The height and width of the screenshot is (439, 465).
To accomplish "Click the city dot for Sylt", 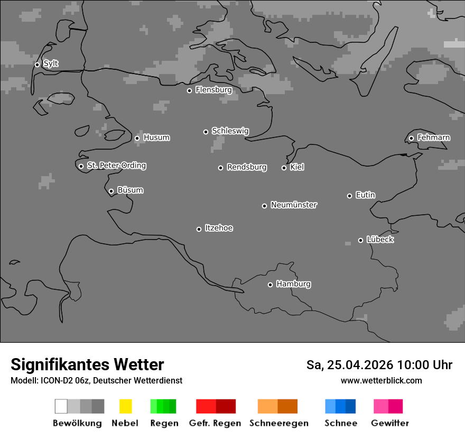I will [37, 65].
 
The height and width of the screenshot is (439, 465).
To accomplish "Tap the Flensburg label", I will [213, 90].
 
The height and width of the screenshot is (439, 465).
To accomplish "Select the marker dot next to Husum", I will [137, 138].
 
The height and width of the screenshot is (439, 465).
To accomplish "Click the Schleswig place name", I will [230, 131].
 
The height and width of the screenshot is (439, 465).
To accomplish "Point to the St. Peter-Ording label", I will [116, 166].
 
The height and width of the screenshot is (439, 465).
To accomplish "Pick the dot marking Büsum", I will [111, 191].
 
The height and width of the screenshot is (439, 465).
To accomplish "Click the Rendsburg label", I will [246, 167].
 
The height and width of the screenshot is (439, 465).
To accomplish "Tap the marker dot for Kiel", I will [284, 168].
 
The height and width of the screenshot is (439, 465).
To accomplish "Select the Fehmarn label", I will [433, 138].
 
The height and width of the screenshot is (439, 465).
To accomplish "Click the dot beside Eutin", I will [349, 196].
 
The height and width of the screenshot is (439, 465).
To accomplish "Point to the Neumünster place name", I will [294, 205].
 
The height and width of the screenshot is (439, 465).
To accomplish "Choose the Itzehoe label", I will [219, 228].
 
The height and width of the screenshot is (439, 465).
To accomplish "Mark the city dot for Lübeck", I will [360, 240].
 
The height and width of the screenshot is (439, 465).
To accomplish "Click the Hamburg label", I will [293, 284].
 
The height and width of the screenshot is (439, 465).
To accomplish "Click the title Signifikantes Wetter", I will [87, 364].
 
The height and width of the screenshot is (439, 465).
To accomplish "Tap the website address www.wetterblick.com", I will [381, 380].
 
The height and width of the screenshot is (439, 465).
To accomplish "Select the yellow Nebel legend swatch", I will [125, 406].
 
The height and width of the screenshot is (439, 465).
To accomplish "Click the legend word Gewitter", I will [390, 423].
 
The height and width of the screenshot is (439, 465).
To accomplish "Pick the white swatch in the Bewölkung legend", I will [61, 406].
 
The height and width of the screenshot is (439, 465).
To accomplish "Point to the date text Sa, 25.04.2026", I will [349, 365].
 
